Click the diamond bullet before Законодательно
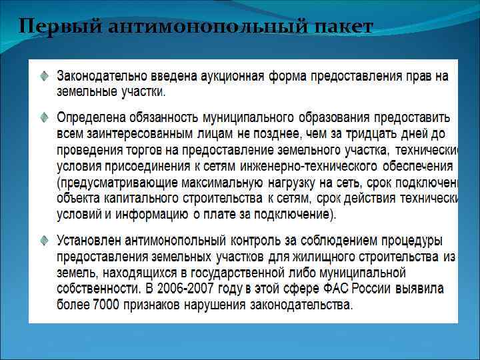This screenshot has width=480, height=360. [x=43, y=76]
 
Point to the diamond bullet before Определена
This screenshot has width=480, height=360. [x=43, y=117]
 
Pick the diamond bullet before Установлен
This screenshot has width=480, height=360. [x=43, y=239]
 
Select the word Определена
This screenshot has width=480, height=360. [x=90, y=117]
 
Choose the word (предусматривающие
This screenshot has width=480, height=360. [x=113, y=182]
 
